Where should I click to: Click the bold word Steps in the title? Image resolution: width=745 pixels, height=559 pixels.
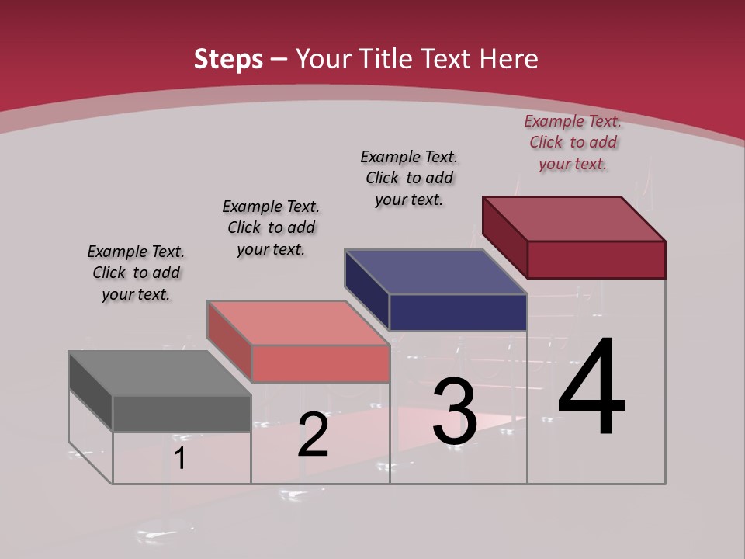click(x=228, y=59)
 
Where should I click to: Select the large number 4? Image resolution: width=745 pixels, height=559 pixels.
click(x=591, y=388)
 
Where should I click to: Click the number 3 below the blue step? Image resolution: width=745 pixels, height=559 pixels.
click(x=455, y=411)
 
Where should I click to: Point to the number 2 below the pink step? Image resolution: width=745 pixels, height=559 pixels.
click(x=313, y=435)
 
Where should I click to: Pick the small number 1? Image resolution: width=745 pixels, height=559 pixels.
click(x=180, y=459)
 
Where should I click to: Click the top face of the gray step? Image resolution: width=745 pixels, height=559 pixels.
click(x=159, y=373)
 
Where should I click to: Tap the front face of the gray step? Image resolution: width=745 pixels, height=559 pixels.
click(x=182, y=413)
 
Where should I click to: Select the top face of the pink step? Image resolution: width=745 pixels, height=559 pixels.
click(x=297, y=323)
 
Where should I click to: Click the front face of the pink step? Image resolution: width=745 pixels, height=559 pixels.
click(x=320, y=363)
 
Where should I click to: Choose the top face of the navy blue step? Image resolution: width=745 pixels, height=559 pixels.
click(x=435, y=272)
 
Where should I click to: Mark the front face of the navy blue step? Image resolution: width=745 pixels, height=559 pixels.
click(x=458, y=312)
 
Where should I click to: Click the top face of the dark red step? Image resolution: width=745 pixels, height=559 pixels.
click(x=573, y=218)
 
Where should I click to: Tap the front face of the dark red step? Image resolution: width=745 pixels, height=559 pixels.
click(x=596, y=259)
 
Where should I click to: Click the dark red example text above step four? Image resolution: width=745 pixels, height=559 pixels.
click(x=573, y=143)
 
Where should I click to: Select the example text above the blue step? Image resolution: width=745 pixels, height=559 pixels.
click(x=409, y=178)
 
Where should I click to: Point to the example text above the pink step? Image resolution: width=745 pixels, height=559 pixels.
click(x=271, y=227)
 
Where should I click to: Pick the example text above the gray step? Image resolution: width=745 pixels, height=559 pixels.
click(x=136, y=273)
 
